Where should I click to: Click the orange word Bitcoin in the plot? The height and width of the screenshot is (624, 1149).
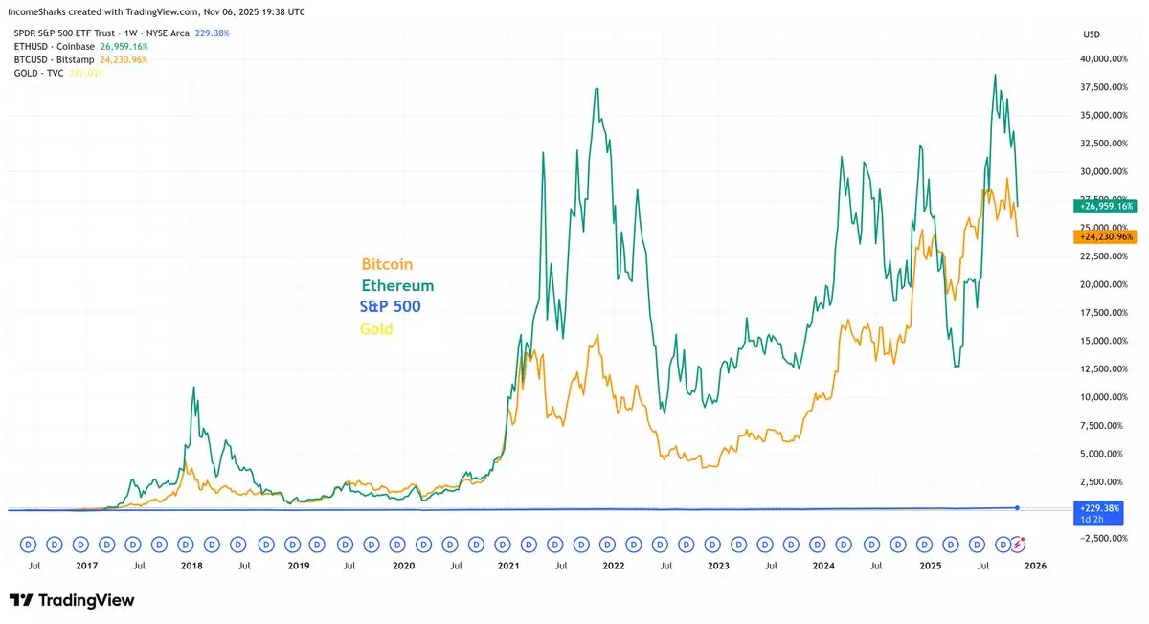point(387,264)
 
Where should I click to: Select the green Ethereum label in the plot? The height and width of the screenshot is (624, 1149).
point(397,285)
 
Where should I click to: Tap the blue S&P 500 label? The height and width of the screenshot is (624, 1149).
point(390,306)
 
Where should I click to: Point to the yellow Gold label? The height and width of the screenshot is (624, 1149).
point(376,329)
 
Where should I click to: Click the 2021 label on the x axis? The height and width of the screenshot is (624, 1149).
point(507,566)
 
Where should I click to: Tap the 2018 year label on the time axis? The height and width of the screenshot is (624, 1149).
point(191,566)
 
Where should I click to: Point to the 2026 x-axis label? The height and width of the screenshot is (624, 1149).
point(1035,566)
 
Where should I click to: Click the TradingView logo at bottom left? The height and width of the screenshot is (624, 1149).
point(72,600)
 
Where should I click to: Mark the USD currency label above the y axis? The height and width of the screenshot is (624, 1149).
point(1091,34)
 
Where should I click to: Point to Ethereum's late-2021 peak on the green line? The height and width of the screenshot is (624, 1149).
point(597,89)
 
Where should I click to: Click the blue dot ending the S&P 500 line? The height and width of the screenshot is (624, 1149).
point(1017,507)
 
